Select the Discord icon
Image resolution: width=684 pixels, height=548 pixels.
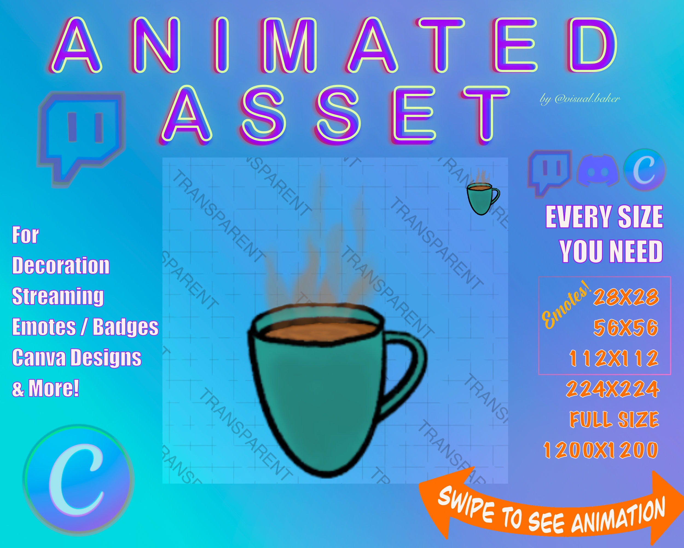tap(598, 171)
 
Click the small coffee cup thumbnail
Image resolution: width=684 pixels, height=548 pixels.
tap(483, 194)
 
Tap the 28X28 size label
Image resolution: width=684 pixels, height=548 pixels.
tap(626, 297)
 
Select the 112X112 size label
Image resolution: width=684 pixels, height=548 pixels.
tap(614, 358)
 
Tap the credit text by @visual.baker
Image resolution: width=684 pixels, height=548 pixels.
tap(580, 99)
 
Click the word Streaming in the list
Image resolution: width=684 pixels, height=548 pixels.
tap(58, 296)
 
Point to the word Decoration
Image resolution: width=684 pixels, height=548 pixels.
tap(60, 266)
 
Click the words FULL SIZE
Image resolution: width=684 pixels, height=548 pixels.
tap(614, 419)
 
